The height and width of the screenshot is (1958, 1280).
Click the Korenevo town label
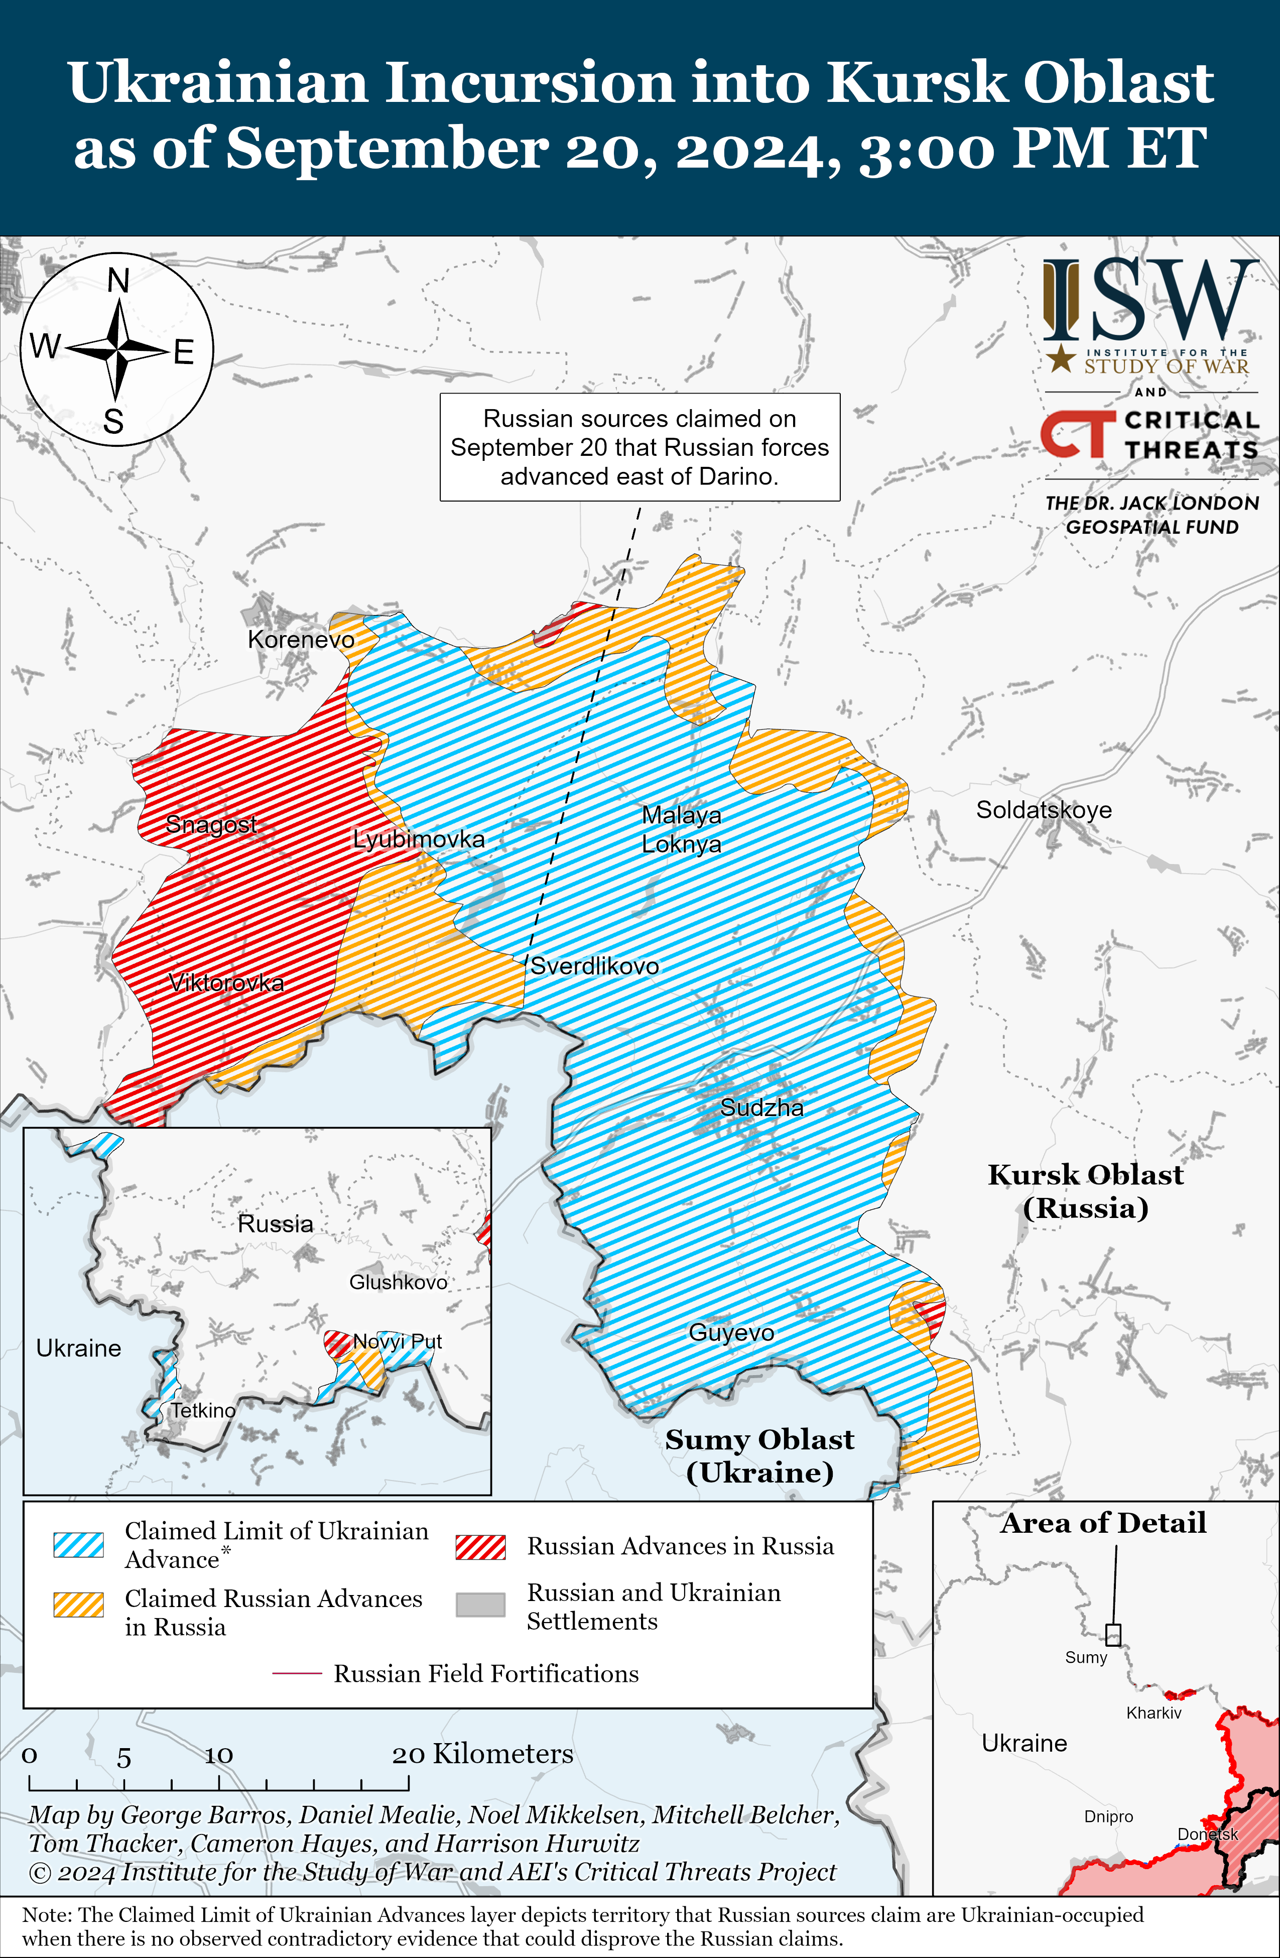301,640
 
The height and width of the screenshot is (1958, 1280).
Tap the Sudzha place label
762,1108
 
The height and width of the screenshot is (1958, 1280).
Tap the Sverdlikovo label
594,966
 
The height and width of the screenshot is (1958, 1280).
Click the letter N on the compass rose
118,281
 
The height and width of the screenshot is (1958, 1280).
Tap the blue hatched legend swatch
78,1545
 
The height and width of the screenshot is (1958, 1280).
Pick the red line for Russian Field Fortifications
296,1673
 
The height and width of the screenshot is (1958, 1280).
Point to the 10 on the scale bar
219,1756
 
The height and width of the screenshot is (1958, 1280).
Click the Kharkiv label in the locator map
1154,1713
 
